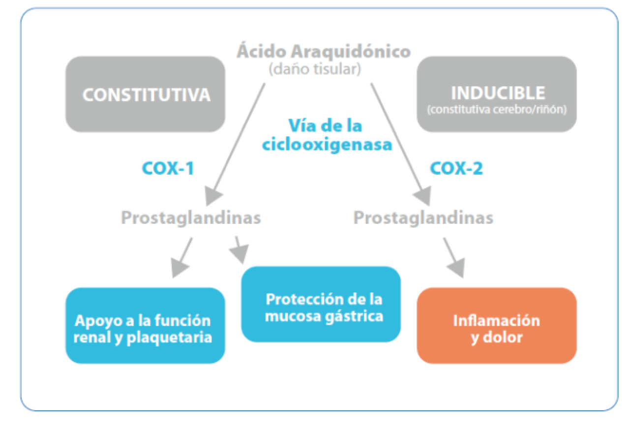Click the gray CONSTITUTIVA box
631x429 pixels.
tap(146, 94)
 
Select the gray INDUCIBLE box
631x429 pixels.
tap(497, 94)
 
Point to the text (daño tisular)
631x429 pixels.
tap(315, 69)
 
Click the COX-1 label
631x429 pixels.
tap(168, 168)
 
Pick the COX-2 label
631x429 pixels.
tap(456, 168)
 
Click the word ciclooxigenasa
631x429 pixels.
tap(327, 144)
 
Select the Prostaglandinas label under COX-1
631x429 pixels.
tap(191, 218)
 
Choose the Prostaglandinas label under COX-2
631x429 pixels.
tap(423, 218)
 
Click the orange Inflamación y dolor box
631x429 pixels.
tap(497, 326)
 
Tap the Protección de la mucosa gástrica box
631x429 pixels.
tap(321, 305)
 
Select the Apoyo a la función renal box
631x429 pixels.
tap(146, 326)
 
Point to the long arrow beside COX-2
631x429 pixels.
tap(401, 144)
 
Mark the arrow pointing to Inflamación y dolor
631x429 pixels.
tap(454, 258)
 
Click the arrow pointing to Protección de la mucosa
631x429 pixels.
tap(239, 250)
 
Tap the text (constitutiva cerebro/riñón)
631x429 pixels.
tap(497, 109)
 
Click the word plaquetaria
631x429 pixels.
tap(169, 337)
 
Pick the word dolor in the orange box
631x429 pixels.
tap(503, 337)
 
